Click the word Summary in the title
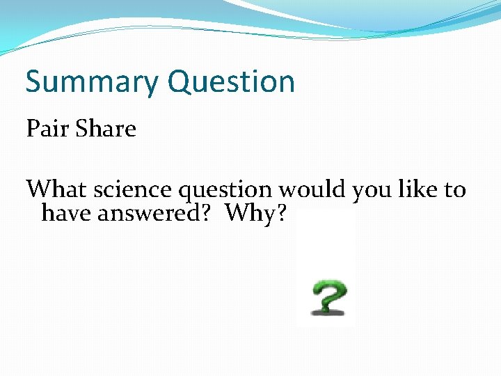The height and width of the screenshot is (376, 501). [x=92, y=82]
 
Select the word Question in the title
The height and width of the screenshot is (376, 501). [x=232, y=82]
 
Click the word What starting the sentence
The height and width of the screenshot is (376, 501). [x=57, y=189]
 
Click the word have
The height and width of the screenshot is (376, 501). [x=67, y=213]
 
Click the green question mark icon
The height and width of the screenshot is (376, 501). [x=328, y=295]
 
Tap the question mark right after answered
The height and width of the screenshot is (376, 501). [x=207, y=213]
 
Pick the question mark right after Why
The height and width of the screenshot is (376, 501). [x=280, y=213]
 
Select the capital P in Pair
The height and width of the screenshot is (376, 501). [x=33, y=129]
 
